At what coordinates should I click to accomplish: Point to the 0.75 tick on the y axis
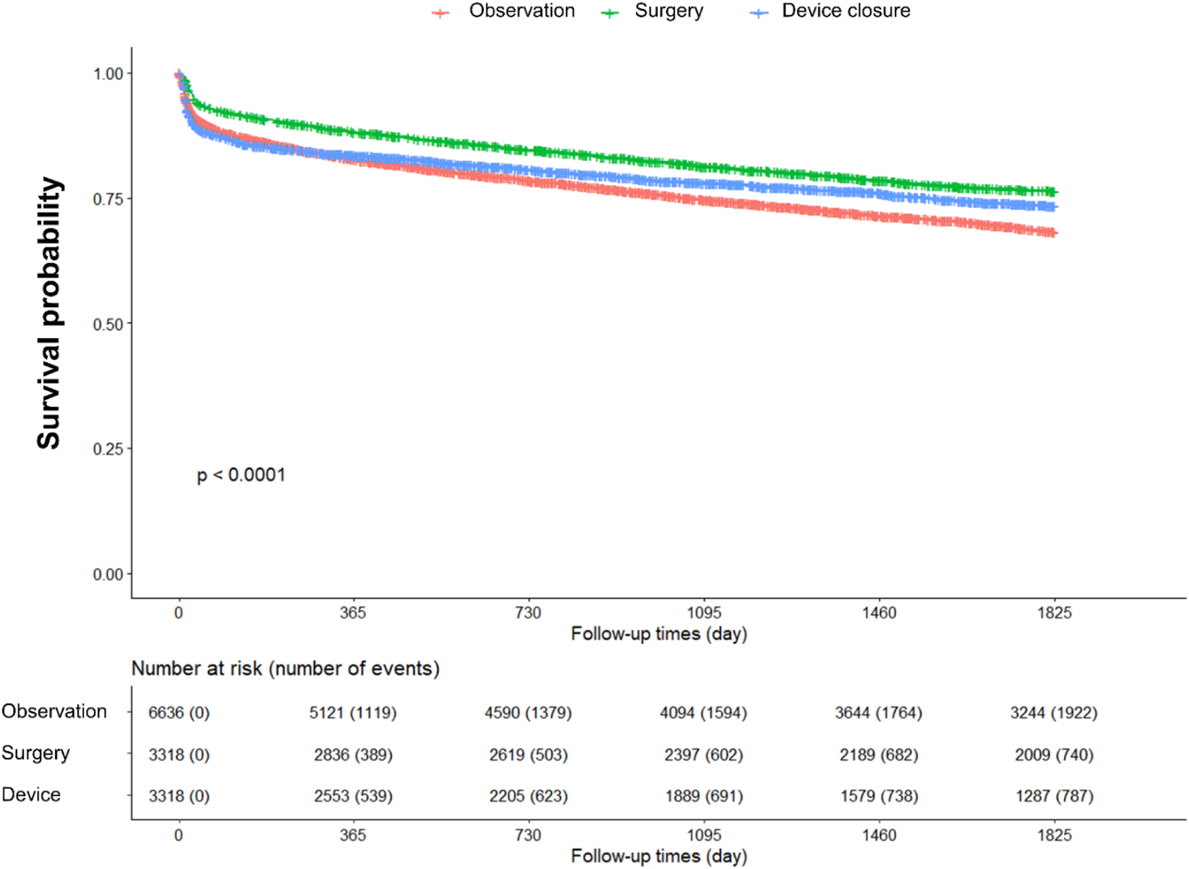pyautogui.click(x=108, y=199)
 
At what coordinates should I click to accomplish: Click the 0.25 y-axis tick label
pyautogui.click(x=108, y=449)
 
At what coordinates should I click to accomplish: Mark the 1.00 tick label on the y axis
pyautogui.click(x=108, y=74)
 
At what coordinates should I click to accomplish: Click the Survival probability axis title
pyautogui.click(x=49, y=313)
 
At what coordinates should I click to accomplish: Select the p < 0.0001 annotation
pyautogui.click(x=241, y=475)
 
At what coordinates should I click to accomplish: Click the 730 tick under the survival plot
pyautogui.click(x=528, y=613)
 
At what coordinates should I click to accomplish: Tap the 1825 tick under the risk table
pyautogui.click(x=1054, y=835)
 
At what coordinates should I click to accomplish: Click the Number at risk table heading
pyautogui.click(x=285, y=668)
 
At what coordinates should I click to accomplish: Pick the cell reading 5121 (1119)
pyautogui.click(x=353, y=713)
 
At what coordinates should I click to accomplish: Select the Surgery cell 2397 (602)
pyautogui.click(x=703, y=755)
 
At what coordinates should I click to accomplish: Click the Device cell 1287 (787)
pyautogui.click(x=1054, y=796)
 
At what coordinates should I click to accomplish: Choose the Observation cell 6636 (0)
pyautogui.click(x=179, y=713)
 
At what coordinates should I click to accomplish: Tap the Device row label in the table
pyautogui.click(x=31, y=794)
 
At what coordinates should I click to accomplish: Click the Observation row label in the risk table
pyautogui.click(x=54, y=711)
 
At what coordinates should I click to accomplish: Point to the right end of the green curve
pyautogui.click(x=1055, y=192)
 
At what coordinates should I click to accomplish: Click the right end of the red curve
pyautogui.click(x=1055, y=233)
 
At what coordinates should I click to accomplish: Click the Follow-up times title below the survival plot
pyautogui.click(x=658, y=634)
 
